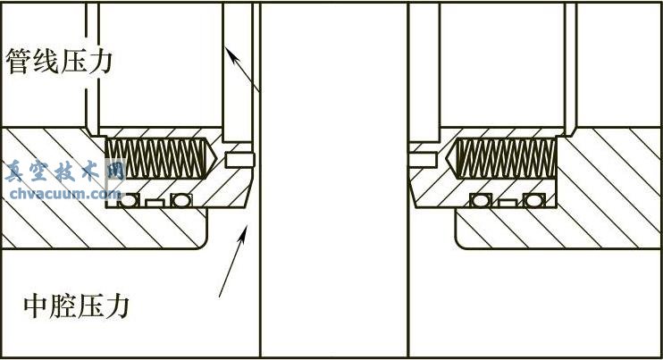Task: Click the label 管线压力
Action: click(59, 62)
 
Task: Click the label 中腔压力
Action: click(76, 306)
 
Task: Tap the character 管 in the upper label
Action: click(19, 62)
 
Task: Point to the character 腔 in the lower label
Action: click(63, 306)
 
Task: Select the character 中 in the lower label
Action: click(36, 306)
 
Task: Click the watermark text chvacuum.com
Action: click(65, 194)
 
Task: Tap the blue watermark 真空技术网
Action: click(65, 172)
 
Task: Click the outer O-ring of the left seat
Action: click(129, 200)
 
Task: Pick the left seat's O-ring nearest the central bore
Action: click(181, 200)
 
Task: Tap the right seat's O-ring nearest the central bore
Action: click(481, 200)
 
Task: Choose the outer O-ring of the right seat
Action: click(533, 200)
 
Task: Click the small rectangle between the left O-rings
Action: click(155, 203)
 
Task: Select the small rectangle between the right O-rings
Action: click(507, 203)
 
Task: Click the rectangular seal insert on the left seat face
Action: click(239, 160)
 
